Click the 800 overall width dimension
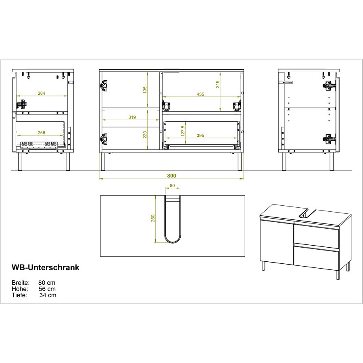point(172,176)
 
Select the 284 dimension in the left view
point(42,94)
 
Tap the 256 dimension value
point(42,133)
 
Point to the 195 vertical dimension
point(145,90)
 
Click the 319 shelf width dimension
point(131,118)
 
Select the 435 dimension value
point(200,94)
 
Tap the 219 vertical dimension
point(218,84)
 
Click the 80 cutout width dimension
point(172,186)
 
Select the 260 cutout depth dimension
point(153,218)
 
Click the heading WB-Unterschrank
point(45,267)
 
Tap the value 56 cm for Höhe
point(47,289)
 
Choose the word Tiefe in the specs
point(19,295)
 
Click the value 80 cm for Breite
point(47,283)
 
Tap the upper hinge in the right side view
point(329,86)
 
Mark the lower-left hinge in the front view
point(104,139)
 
